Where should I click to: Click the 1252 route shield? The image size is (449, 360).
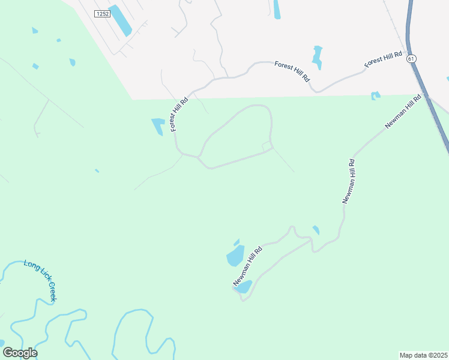[103, 13]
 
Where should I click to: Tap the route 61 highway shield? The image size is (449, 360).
[411, 59]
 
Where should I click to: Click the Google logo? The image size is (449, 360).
[20, 353]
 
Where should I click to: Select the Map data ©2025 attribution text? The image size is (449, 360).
[423, 355]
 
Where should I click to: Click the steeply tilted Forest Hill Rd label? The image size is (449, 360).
[179, 114]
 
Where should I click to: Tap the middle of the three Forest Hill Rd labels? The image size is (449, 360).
[292, 71]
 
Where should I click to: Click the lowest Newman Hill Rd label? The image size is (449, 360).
[248, 266]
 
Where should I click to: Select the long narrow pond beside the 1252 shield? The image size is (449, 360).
[121, 20]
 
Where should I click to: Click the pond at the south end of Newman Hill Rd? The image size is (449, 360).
[244, 287]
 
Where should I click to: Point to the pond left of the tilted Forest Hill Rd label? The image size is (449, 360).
[158, 126]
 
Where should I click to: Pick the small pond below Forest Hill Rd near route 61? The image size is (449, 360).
[376, 95]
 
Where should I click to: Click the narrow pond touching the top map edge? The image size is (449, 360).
[277, 9]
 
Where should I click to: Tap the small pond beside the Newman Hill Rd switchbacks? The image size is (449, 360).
[316, 230]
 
